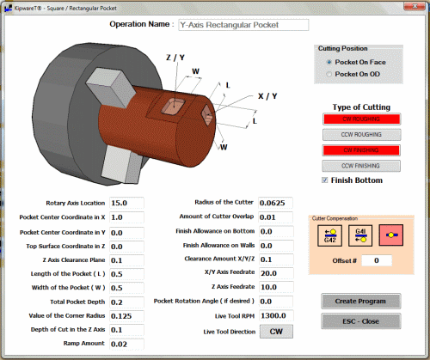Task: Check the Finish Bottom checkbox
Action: [x=325, y=180]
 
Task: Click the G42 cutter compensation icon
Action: [x=330, y=235]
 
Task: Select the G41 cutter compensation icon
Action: [x=362, y=235]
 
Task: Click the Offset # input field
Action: [x=377, y=260]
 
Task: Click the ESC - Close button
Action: [x=361, y=321]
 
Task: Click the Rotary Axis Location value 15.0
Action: [x=126, y=203]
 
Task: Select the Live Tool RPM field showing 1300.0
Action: [x=276, y=316]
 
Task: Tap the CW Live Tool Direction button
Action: [x=276, y=332]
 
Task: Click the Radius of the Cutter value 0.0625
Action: [x=276, y=203]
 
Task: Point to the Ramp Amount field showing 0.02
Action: [x=126, y=345]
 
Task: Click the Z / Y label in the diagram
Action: [x=175, y=58]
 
